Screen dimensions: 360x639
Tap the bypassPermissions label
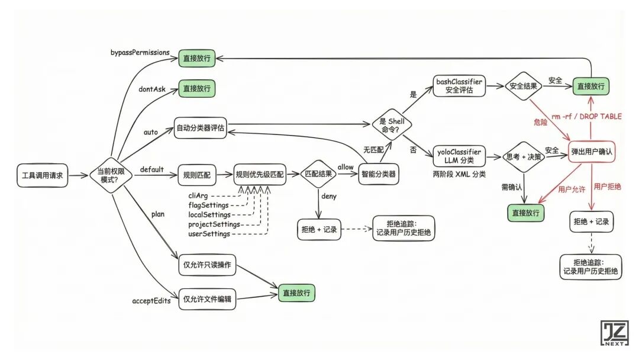140,53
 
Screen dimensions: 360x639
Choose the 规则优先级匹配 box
259,175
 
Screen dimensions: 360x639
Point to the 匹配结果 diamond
319,175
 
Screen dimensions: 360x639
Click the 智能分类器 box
378,175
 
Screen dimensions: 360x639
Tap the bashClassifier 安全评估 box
459,86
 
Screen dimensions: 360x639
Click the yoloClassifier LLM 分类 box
459,155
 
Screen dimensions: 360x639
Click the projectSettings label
214,224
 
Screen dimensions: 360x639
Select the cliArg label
201,195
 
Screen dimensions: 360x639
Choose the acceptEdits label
151,301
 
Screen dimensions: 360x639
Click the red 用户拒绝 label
606,187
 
